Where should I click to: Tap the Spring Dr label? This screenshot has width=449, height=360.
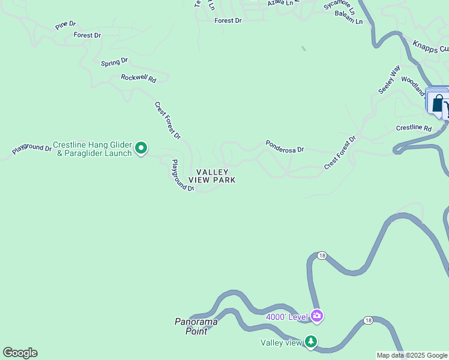coord(114,62)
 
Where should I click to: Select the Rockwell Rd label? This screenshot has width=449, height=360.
coord(138,78)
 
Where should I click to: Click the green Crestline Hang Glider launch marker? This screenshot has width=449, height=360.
coord(141,147)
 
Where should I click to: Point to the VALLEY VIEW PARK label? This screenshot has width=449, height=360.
coord(212,176)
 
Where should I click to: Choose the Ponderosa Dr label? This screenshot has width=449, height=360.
coord(285,146)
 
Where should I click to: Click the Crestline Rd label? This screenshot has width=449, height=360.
coord(414,128)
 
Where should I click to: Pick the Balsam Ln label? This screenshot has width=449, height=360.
coord(349,21)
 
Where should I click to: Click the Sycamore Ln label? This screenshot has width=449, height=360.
coord(340,8)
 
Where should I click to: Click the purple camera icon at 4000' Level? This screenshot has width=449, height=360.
coord(316,316)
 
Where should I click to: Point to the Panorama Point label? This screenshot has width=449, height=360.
coord(196,325)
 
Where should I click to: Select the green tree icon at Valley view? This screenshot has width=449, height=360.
coord(310,341)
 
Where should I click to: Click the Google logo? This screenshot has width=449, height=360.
coord(20,353)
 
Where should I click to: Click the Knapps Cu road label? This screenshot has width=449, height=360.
coord(430,47)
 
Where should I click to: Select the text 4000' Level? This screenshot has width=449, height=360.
coord(286,316)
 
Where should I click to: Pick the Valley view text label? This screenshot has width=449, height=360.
coord(280,343)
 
